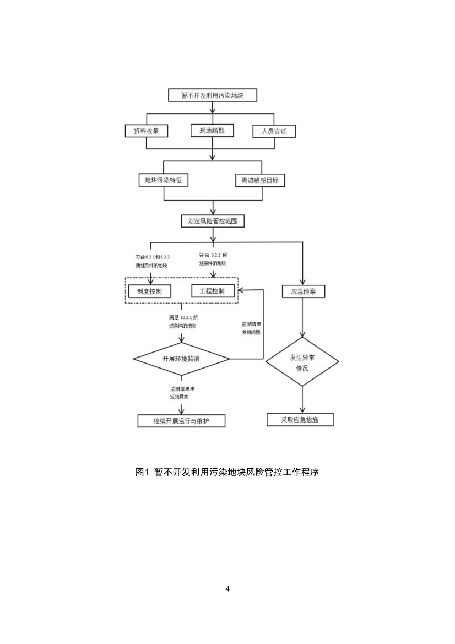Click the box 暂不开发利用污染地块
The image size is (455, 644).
point(212,95)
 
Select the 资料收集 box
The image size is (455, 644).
point(146,131)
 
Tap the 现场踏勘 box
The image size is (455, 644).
point(212,131)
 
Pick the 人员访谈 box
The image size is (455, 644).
point(274,132)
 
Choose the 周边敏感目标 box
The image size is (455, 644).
point(260,180)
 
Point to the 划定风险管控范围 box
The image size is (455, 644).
point(212,221)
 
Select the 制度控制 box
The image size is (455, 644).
point(149,291)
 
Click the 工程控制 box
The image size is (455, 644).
point(212,290)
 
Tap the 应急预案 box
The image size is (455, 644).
point(303,291)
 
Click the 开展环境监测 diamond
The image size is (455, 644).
point(181,359)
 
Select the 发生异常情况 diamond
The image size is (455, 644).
point(302,362)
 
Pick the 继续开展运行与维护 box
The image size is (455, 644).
point(181,421)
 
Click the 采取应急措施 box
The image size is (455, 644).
point(300,419)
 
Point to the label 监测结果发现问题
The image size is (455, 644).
point(251,328)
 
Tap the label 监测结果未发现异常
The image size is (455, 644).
point(182,393)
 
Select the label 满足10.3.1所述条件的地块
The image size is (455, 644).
point(183,322)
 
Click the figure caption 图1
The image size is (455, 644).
point(227,472)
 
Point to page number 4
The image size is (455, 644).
point(227,589)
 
